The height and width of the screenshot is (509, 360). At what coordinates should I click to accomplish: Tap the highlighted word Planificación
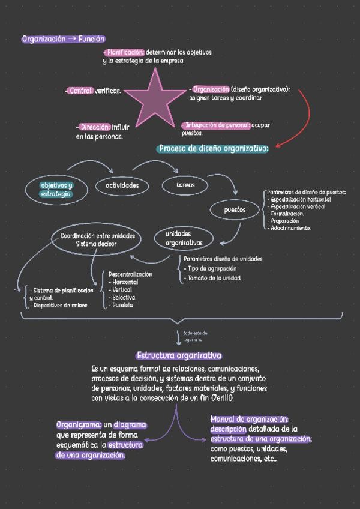pyautogui.click(x=125, y=53)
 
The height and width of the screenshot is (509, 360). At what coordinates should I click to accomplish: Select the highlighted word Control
pyautogui.click(x=81, y=91)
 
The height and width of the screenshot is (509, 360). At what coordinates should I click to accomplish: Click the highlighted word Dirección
pyautogui.click(x=95, y=127)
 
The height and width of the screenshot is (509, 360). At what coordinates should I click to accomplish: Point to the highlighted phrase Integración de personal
pyautogui.click(x=217, y=125)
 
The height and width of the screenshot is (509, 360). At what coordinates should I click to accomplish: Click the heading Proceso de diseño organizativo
pyautogui.click(x=213, y=149)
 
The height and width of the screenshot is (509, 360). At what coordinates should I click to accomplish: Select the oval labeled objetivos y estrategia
pyautogui.click(x=56, y=189)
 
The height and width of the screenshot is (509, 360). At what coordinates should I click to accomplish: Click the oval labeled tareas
pyautogui.click(x=186, y=185)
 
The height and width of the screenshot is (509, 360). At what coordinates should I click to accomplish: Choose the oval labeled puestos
pyautogui.click(x=235, y=210)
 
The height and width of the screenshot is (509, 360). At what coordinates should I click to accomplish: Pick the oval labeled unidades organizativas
pyautogui.click(x=184, y=238)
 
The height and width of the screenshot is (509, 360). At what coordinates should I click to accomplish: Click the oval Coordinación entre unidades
pyautogui.click(x=96, y=240)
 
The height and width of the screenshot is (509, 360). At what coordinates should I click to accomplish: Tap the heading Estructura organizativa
pyautogui.click(x=179, y=355)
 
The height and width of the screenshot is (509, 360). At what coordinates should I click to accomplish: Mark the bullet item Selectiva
pyautogui.click(x=123, y=297)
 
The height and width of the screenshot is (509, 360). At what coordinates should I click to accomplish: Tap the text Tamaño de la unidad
pyautogui.click(x=214, y=279)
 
